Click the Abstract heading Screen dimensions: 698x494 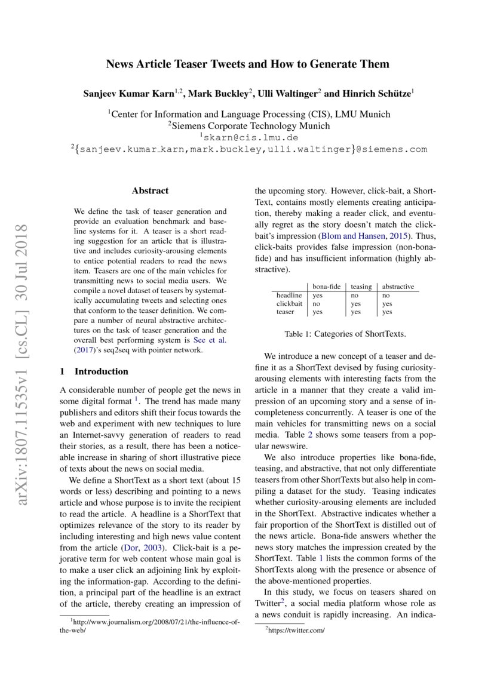[x=150, y=191]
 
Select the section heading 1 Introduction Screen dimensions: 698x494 [x=94, y=371]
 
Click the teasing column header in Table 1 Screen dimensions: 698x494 [x=361, y=287]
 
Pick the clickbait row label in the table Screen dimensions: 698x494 [x=289, y=303]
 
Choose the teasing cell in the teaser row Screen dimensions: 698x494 [x=356, y=312]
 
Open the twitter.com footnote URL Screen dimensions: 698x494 [x=296, y=630]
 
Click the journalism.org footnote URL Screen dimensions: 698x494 [x=155, y=622]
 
